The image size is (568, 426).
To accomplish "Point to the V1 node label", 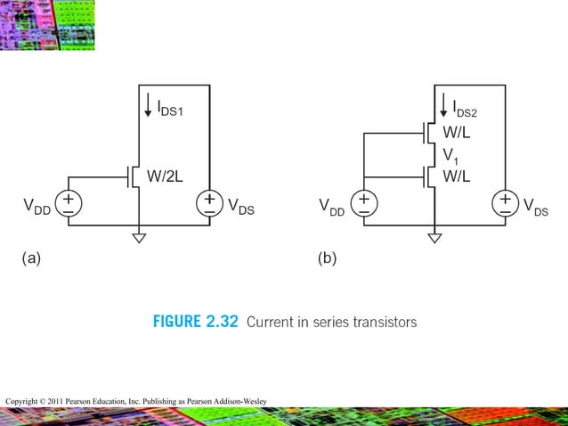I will [x=452, y=156].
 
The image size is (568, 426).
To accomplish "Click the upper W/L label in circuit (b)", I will [x=458, y=135].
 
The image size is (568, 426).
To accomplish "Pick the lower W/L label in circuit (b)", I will [x=458, y=176].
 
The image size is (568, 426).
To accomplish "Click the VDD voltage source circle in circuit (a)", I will [x=69, y=204].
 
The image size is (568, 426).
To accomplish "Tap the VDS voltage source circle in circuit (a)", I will [x=209, y=204].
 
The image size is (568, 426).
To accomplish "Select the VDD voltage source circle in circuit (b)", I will [x=364, y=204].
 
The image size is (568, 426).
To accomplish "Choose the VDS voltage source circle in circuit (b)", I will [x=505, y=204].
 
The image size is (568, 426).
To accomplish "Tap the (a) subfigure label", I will [x=31, y=259].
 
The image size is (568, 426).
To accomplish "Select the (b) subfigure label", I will [x=327, y=259].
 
